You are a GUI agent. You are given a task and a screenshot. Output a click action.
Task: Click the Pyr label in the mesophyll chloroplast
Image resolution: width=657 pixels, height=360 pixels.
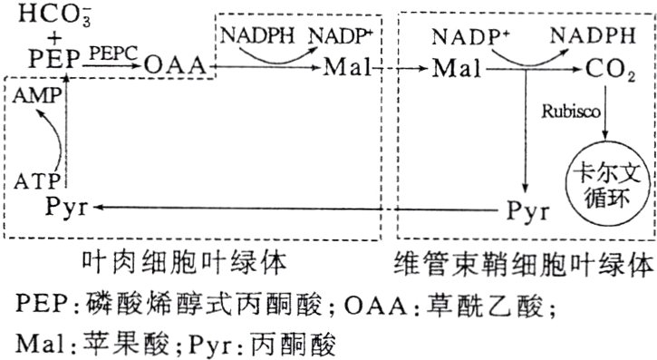63,207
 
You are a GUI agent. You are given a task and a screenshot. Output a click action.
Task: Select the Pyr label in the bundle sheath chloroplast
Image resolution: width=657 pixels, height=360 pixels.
527,211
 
